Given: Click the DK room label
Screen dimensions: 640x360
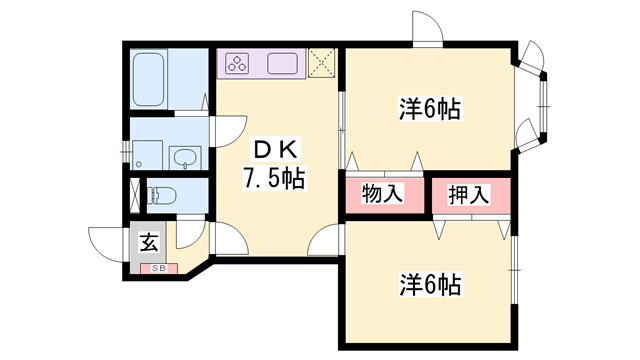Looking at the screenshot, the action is click(x=276, y=151).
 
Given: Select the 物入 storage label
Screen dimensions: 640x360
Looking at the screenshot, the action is click(x=382, y=193).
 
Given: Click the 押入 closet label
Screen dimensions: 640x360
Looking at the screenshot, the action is click(x=469, y=195).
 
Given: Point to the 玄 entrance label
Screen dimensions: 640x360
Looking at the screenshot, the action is click(x=149, y=242).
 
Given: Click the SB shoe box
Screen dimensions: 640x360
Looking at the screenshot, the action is click(x=159, y=269).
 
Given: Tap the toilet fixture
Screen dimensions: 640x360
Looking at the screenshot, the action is click(x=162, y=195).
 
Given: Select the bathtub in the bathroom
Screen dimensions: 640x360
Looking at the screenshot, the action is click(x=149, y=79).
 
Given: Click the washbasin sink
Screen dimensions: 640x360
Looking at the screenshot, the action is click(x=185, y=158).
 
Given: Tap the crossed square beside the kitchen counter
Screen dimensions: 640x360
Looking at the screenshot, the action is click(x=321, y=62).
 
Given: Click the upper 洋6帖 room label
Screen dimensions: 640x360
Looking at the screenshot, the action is click(x=430, y=109).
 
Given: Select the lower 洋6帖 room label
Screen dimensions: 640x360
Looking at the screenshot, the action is click(x=430, y=284).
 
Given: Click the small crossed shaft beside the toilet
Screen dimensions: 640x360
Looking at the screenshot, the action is click(x=135, y=195).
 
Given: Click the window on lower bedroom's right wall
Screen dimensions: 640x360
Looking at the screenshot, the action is click(x=514, y=270).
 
